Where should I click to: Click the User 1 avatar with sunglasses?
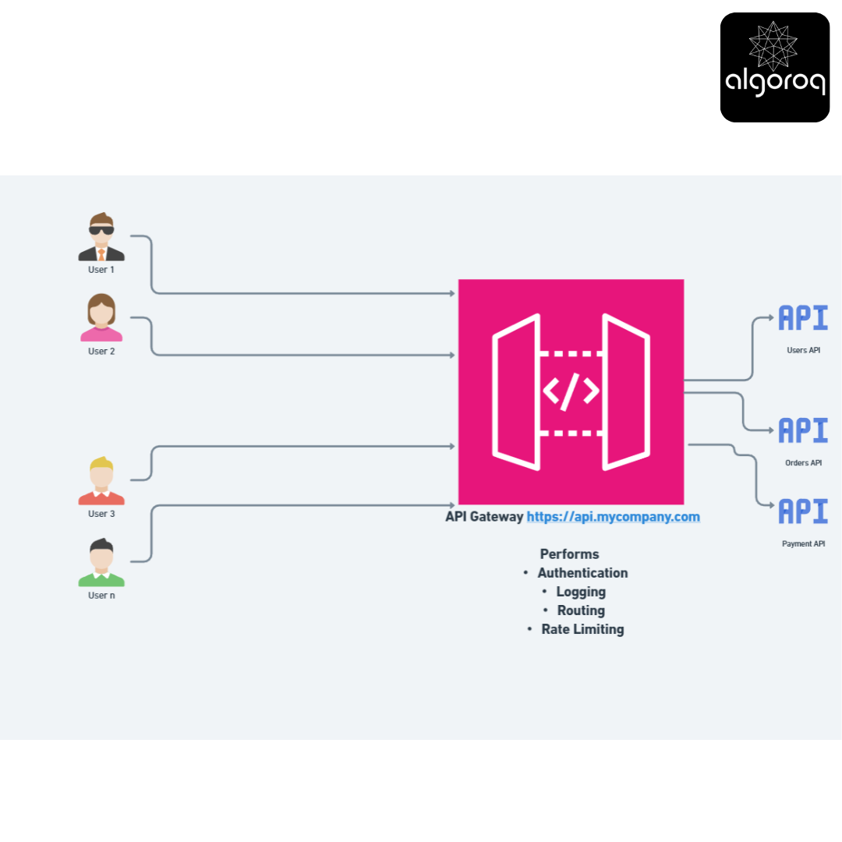101,237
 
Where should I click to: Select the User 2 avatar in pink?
101,317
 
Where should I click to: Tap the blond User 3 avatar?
101,480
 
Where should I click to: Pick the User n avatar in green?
101,562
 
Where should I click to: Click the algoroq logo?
774,68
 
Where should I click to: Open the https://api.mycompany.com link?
614,517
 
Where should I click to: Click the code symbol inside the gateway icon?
571,391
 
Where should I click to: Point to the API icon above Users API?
803,317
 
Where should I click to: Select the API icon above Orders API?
803,430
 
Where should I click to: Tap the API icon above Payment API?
803,511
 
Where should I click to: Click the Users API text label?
803,350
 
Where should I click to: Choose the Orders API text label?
803,463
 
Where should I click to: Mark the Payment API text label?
803,543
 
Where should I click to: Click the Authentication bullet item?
582,573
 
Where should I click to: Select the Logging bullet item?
581,592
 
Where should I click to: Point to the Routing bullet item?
581,610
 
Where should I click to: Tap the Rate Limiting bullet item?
582,629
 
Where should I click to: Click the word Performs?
569,554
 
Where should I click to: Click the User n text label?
101,595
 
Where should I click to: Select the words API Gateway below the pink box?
484,517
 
